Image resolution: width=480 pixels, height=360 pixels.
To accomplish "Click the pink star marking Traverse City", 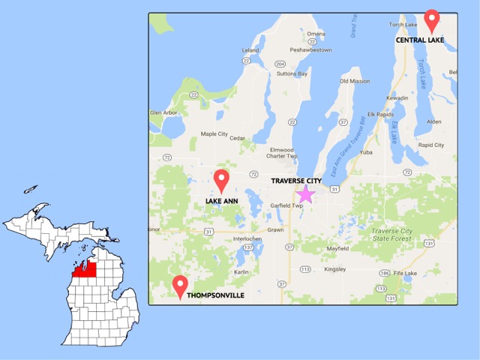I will click(x=305, y=195).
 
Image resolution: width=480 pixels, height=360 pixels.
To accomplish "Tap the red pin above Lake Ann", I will click(x=221, y=180).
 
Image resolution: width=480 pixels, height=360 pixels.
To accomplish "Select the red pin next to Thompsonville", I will click(x=180, y=286).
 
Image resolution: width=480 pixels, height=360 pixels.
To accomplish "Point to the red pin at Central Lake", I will click(x=431, y=18).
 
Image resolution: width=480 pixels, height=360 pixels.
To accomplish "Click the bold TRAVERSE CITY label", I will click(x=298, y=181).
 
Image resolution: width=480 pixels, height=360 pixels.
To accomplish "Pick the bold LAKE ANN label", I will click(x=221, y=201).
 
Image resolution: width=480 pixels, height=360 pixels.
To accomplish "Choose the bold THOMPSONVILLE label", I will click(x=215, y=296).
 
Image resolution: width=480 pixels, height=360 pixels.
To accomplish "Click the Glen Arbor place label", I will click(x=166, y=112).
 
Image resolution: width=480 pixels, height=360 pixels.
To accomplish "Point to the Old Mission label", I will click(x=355, y=81).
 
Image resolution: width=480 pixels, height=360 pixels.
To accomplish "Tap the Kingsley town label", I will click(x=334, y=268).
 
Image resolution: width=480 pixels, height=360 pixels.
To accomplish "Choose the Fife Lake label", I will click(x=405, y=273).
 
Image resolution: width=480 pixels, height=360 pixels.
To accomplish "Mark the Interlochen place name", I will click(x=248, y=238).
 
